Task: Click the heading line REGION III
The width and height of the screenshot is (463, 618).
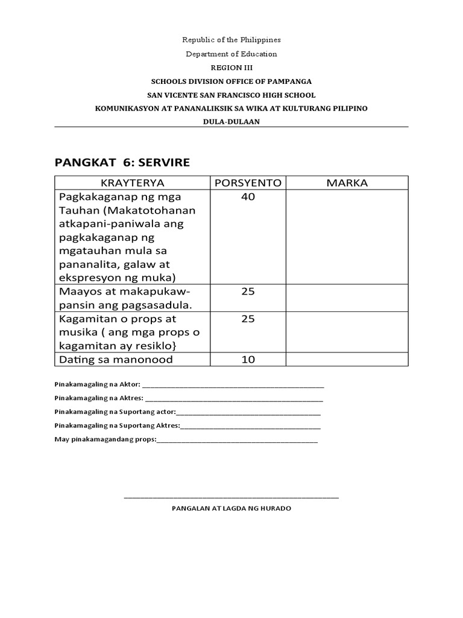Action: [231, 68]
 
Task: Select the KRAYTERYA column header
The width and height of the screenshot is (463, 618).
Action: [132, 183]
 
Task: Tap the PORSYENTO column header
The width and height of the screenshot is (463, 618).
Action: [248, 183]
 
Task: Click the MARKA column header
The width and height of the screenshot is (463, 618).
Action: [347, 183]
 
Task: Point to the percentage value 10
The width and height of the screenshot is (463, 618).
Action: [248, 360]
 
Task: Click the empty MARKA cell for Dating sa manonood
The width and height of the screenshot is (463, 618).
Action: [347, 360]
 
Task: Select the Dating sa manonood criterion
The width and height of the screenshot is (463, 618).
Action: [116, 360]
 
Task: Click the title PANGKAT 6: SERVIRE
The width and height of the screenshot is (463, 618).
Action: [122, 162]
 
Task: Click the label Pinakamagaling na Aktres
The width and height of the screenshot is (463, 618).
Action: [99, 398]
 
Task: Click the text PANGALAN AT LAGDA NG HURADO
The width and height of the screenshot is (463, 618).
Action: [231, 509]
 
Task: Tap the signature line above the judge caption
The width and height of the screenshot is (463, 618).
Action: [231, 497]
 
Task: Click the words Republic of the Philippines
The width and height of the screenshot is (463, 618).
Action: [231, 40]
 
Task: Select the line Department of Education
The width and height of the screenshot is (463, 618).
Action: [231, 54]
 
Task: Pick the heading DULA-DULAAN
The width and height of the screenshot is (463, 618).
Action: [231, 121]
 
